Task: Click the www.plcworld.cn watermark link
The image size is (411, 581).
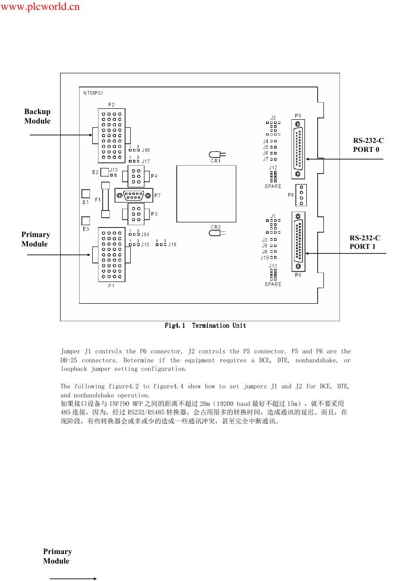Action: point(40,7)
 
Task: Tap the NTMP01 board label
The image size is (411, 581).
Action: point(93,93)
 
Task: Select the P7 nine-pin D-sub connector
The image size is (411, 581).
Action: point(134,195)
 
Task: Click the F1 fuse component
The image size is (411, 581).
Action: point(106,200)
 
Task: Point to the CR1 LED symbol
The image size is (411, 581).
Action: point(217,155)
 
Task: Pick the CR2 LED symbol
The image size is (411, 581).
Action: point(217,233)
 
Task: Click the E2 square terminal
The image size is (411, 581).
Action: point(105,172)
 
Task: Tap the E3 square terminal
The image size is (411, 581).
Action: point(86,221)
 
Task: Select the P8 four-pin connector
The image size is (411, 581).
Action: point(301,195)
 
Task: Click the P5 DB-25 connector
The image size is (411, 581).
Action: point(298,149)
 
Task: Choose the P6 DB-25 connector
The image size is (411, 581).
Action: point(298,242)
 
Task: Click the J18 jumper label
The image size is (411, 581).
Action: point(172,245)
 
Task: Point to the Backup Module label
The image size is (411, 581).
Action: point(37,116)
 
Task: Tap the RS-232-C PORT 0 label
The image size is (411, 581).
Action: point(368,145)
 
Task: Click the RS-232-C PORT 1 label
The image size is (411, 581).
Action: point(365,242)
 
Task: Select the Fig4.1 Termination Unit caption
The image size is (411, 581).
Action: point(205,326)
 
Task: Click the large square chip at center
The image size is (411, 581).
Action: point(206,194)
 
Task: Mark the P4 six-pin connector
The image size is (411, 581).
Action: point(136,176)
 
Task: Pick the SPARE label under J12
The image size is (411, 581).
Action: point(273,186)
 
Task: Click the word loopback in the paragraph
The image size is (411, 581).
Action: point(74,369)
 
